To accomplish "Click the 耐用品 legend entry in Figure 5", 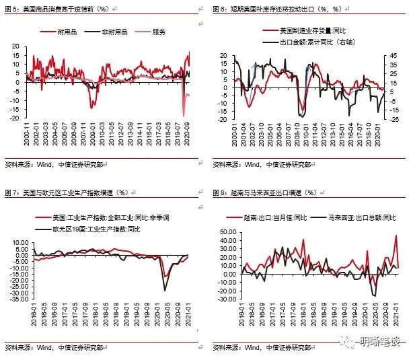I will pyautogui.click(x=67, y=32).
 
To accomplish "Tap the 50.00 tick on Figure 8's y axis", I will pyautogui.click(x=227, y=231).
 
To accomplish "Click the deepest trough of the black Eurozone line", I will pyautogui.click(x=165, y=290).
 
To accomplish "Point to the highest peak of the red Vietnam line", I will pyautogui.click(x=396, y=236).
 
